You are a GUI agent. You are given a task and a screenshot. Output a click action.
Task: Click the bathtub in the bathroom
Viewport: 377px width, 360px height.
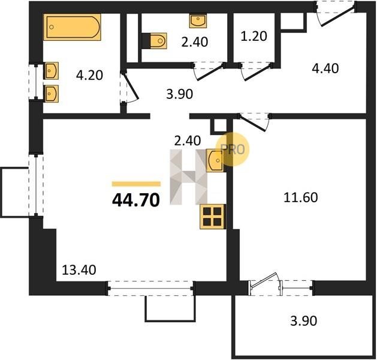click(72, 27)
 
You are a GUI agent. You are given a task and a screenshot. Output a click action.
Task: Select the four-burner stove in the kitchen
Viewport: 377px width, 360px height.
click(213, 217)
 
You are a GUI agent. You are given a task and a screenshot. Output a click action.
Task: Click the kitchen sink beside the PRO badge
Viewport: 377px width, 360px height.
click(215, 160)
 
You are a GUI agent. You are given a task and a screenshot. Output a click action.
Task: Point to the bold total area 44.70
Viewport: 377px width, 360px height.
click(136, 200)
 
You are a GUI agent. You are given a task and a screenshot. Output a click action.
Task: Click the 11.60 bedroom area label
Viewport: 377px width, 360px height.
click(300, 197)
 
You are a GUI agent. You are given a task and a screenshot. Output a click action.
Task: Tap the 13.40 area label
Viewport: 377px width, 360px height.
click(79, 270)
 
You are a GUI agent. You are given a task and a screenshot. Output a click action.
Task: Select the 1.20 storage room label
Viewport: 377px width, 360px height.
click(254, 36)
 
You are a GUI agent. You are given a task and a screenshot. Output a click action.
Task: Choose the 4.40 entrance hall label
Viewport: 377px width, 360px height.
click(325, 68)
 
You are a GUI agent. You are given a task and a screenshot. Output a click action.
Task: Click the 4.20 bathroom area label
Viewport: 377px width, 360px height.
click(89, 75)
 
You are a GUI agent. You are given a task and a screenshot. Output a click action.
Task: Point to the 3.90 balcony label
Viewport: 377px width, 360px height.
click(304, 321)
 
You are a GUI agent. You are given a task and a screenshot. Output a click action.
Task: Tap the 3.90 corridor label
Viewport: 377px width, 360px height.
click(180, 94)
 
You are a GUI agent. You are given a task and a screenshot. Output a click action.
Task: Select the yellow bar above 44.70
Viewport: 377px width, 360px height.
click(136, 184)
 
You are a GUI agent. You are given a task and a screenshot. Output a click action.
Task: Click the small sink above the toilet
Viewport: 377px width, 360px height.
click(198, 20)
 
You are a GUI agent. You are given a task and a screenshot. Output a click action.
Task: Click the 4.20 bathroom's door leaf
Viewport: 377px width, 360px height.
click(131, 86)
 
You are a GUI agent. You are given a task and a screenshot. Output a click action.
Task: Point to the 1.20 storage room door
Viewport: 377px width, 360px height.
click(257, 72)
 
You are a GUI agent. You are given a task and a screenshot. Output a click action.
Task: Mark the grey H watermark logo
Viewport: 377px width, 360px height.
click(188, 177)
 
